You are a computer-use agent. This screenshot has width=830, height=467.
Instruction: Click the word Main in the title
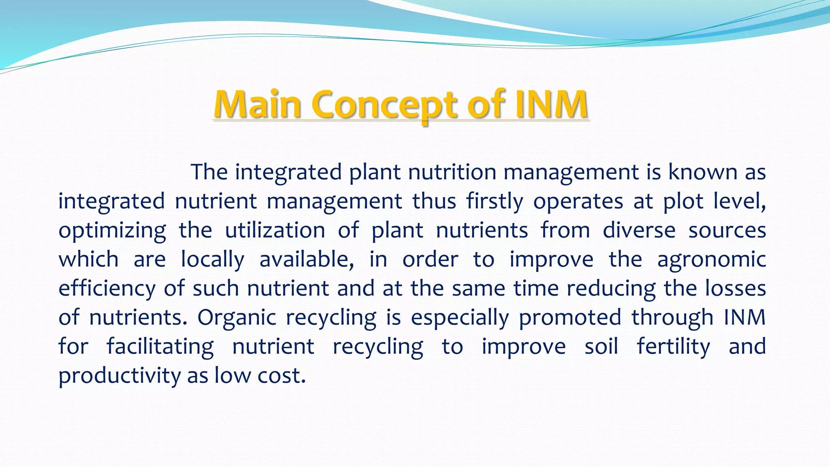tap(257, 105)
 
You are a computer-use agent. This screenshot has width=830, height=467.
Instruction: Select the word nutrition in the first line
tap(452, 172)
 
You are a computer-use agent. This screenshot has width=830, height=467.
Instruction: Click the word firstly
tap(494, 201)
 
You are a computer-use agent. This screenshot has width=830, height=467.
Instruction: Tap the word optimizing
tap(112, 231)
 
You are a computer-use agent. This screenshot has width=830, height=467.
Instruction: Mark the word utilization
tap(275, 231)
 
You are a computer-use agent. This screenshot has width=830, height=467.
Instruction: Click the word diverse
tap(639, 231)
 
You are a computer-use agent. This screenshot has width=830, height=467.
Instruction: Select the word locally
tap(212, 259)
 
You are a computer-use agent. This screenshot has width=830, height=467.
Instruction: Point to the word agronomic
tap(711, 259)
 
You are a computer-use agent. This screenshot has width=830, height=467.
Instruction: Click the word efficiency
tap(107, 289)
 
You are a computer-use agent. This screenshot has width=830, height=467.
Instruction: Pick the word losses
tap(735, 289)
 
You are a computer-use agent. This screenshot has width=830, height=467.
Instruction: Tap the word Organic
tap(237, 317)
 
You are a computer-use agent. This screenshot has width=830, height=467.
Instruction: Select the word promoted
tap(569, 317)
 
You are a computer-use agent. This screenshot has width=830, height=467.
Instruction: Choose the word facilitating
tap(160, 347)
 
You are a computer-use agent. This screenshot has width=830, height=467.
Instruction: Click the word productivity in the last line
tap(120, 376)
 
